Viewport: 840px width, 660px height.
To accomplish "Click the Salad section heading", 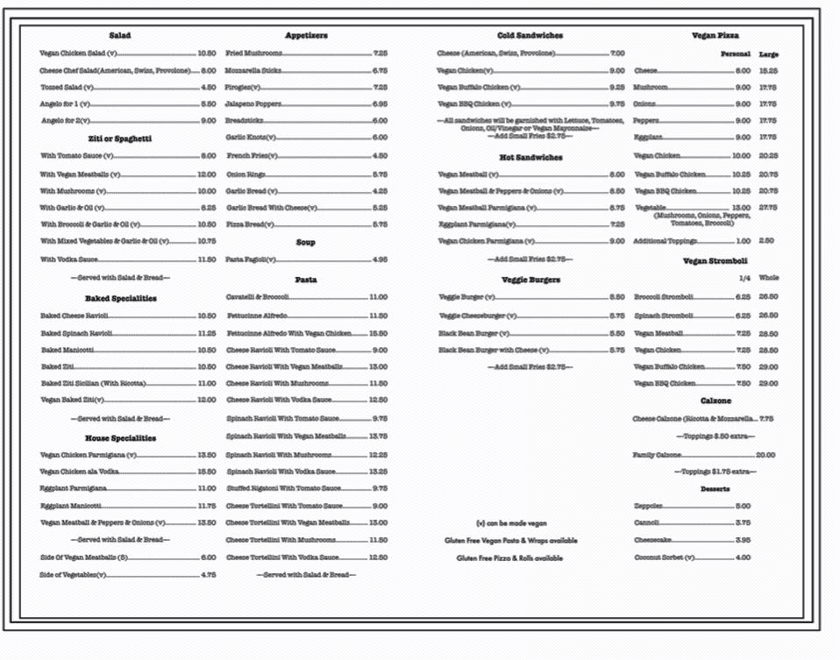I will click(120, 36).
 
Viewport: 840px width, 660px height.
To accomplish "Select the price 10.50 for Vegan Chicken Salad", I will click(207, 53).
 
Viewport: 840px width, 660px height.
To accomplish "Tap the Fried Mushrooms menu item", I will click(254, 53).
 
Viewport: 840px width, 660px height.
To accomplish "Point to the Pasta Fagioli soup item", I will click(251, 259).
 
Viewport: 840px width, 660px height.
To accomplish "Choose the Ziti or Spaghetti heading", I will click(120, 138).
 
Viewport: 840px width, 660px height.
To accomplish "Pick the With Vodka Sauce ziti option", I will click(69, 259).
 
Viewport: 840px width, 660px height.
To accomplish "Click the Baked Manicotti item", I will click(68, 350).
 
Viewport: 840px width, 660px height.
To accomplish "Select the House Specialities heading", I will click(120, 438).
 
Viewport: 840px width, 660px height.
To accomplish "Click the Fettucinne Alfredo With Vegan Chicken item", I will click(288, 333).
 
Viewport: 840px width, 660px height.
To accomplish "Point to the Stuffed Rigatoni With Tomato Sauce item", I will click(283, 488).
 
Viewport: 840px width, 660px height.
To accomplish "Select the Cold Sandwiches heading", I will click(530, 36).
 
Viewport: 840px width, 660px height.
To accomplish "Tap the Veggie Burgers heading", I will click(530, 280).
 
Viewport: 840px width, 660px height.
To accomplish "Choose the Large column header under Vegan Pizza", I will click(768, 54).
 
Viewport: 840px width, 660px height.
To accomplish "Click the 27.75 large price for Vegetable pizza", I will click(768, 208).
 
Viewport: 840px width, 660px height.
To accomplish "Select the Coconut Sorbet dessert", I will click(664, 557).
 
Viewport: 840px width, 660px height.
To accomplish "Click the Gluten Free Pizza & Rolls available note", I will click(509, 558).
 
